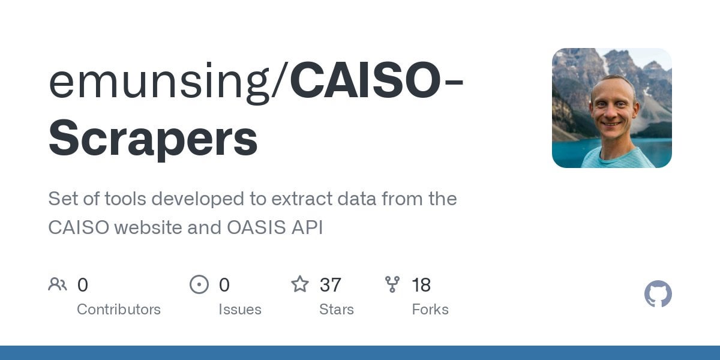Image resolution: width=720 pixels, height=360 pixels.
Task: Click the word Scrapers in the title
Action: pos(153,139)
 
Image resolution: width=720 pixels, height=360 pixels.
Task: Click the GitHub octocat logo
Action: pos(658,294)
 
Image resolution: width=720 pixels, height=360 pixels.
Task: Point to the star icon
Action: pos(300,284)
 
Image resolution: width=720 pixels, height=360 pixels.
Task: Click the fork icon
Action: pos(392,284)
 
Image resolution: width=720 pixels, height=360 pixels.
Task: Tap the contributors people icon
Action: pos(58,284)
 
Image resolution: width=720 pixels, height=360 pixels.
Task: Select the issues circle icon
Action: pos(199,284)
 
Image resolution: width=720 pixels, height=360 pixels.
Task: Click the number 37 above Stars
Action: pos(330,285)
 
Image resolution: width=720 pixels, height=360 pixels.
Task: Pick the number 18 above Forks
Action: pos(421,285)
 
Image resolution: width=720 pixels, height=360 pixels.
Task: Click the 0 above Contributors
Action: pos(83,285)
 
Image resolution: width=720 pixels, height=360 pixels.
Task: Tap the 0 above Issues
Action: pos(224,285)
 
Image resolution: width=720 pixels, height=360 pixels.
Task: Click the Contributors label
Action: pos(119,310)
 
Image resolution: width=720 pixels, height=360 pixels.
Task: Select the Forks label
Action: pos(430,310)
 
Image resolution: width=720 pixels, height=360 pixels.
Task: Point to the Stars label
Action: pos(337,310)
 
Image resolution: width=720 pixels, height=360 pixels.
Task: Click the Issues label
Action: pos(240,310)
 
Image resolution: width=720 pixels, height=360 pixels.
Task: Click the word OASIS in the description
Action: pos(256,227)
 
